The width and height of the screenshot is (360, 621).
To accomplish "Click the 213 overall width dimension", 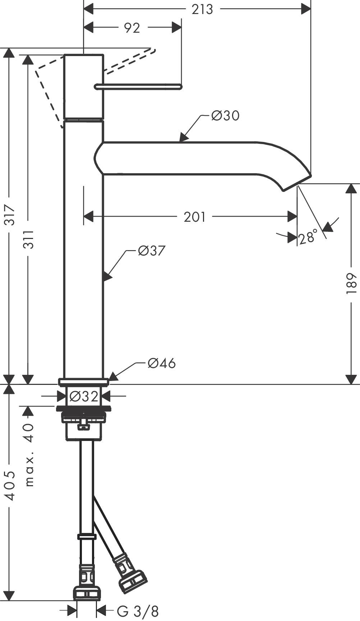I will [202, 9].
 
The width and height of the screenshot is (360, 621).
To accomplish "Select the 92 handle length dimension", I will [132, 28].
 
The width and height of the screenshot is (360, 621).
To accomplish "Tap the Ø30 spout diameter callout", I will [225, 116].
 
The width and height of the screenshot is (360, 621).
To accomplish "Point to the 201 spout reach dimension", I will [194, 217].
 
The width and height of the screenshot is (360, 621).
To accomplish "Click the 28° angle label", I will [308, 237].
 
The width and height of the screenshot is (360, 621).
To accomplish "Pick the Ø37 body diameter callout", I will [151, 251].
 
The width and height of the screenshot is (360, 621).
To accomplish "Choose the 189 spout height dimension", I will [351, 284].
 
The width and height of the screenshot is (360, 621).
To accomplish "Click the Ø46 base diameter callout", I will [161, 363].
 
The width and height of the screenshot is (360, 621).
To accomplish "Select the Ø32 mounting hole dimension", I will [84, 396].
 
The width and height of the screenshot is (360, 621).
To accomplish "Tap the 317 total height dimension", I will [10, 215].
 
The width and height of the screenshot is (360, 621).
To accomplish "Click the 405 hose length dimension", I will [10, 486].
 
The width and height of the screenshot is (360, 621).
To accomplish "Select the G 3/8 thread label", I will [138, 611].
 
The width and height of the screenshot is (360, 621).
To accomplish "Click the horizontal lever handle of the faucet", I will [138, 86].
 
